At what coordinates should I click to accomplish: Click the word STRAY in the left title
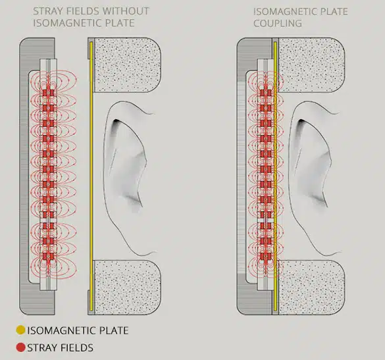click(x=45, y=11)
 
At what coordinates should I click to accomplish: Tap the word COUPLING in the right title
click(x=278, y=23)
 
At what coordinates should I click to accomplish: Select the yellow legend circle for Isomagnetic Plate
click(x=20, y=330)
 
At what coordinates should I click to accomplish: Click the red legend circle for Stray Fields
click(x=20, y=347)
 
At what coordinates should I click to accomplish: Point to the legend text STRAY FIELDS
click(x=60, y=347)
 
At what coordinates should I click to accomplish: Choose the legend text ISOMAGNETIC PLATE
click(x=78, y=330)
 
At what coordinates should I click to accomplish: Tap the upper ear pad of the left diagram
click(x=128, y=65)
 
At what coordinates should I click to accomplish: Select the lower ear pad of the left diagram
click(x=128, y=288)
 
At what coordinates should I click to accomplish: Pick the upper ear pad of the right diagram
click(x=312, y=65)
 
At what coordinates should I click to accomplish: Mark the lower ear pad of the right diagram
click(x=312, y=288)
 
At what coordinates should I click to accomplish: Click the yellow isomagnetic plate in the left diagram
click(x=91, y=176)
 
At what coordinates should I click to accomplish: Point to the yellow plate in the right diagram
click(x=276, y=176)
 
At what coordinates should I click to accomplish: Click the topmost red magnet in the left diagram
click(x=48, y=93)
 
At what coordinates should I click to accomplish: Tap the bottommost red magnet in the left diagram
click(x=48, y=257)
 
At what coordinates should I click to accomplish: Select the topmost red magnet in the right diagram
click(x=266, y=93)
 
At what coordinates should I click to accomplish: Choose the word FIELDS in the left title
click(x=80, y=11)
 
